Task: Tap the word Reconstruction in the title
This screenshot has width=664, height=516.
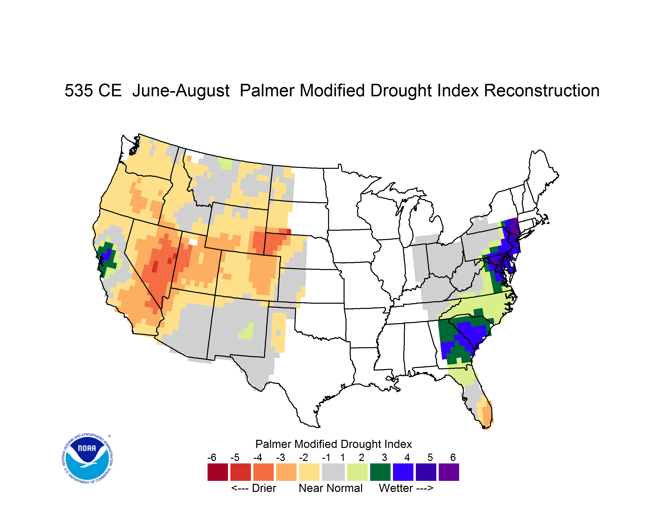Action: (x=542, y=90)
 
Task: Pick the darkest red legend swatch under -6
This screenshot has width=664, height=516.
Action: (x=218, y=472)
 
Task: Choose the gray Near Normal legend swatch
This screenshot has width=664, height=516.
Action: (x=333, y=472)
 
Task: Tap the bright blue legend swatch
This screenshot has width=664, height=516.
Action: (x=403, y=472)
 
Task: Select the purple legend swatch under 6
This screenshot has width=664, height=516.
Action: (x=449, y=472)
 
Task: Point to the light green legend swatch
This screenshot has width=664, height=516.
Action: (x=358, y=472)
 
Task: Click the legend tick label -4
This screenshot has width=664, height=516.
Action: (x=257, y=457)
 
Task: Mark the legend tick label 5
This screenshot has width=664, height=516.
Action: (x=430, y=457)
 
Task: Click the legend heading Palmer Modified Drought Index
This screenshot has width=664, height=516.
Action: (x=333, y=444)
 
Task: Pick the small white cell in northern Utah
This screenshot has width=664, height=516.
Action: (x=193, y=242)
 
